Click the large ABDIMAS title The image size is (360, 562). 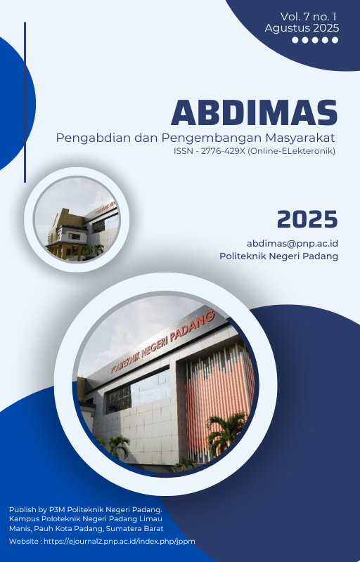pyautogui.click(x=255, y=112)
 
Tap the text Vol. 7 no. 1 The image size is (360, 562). pyautogui.click(x=309, y=17)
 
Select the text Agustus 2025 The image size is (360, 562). pyautogui.click(x=302, y=28)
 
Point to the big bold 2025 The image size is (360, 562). pyautogui.click(x=307, y=219)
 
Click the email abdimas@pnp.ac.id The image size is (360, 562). pyautogui.click(x=292, y=244)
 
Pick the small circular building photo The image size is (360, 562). pyautogui.click(x=77, y=219)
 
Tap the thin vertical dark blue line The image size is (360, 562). pyautogui.click(x=25, y=102)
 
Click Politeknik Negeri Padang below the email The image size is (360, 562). pyautogui.click(x=278, y=256)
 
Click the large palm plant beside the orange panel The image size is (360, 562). pyautogui.click(x=226, y=433)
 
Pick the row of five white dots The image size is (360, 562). pyautogui.click(x=315, y=40)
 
